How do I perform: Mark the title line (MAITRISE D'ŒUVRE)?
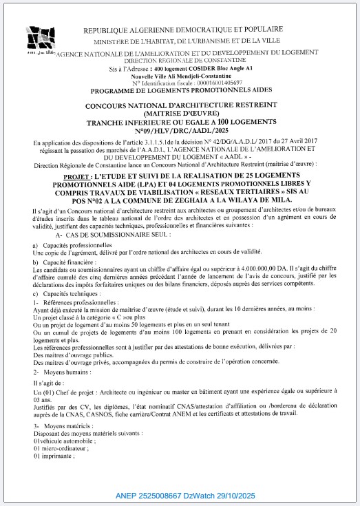click(180, 113)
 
